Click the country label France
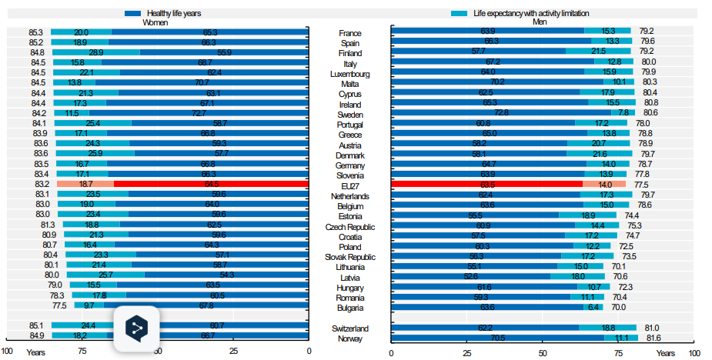(x=350, y=33)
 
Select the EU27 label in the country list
(x=350, y=185)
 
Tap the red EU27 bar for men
(x=486, y=185)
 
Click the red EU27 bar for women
(x=211, y=185)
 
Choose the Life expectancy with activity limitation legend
(x=531, y=14)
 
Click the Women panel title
(x=155, y=23)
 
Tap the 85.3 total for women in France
(x=36, y=32)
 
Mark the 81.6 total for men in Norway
(x=654, y=338)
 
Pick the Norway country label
(x=350, y=338)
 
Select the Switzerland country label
(x=350, y=328)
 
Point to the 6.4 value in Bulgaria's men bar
(x=593, y=307)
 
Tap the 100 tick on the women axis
(x=7, y=352)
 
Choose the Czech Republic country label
(x=350, y=226)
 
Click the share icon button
(x=137, y=328)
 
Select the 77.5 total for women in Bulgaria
(x=60, y=305)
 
